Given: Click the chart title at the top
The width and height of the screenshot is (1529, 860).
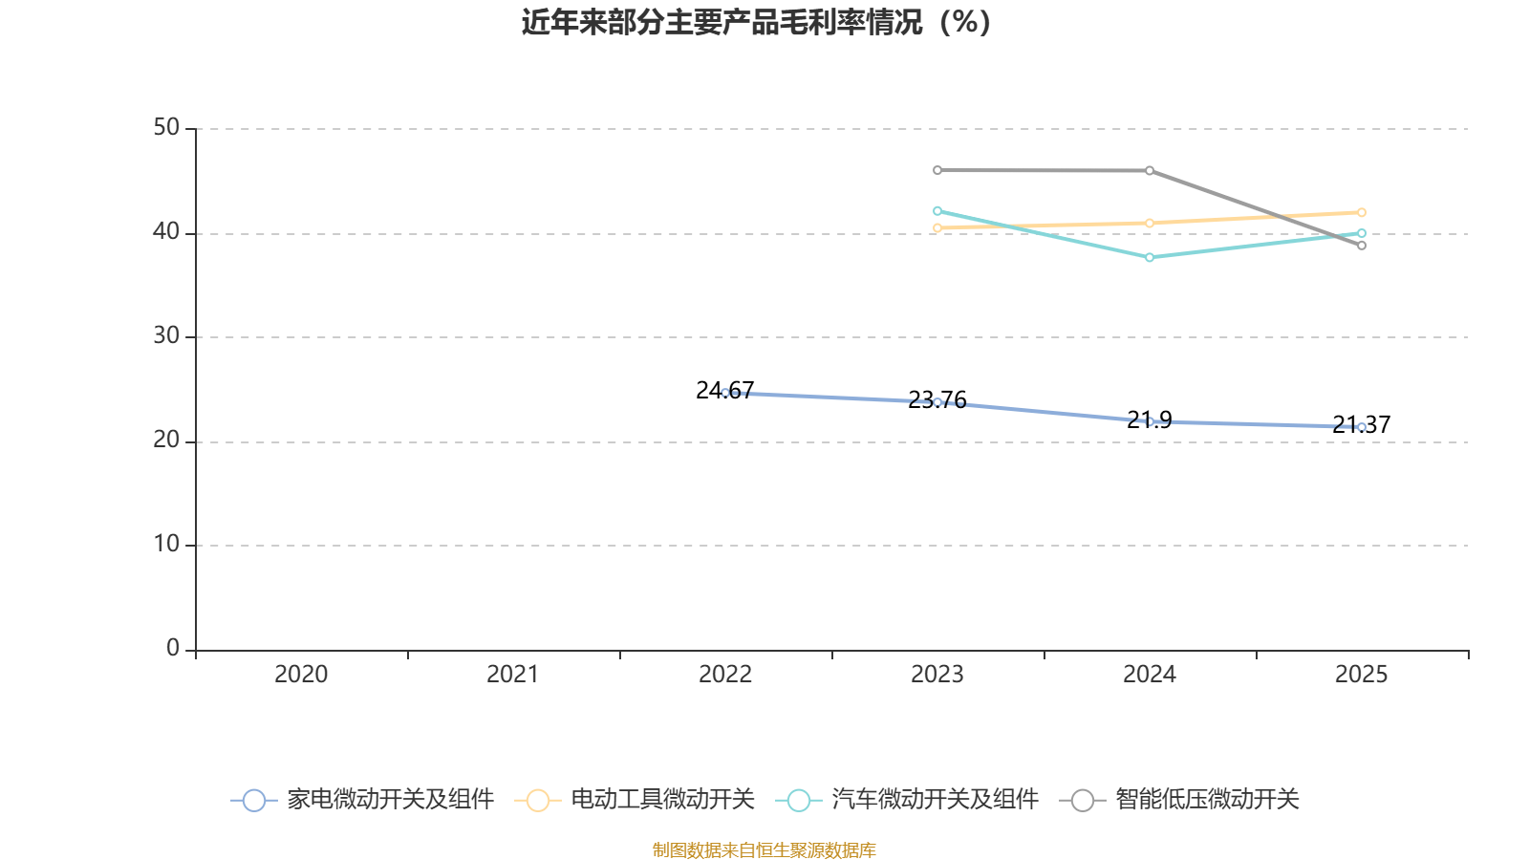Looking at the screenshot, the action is [756, 23].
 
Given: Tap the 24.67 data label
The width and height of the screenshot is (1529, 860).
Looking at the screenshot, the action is [725, 391].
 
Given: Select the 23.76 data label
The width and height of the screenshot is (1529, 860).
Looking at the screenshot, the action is [937, 400].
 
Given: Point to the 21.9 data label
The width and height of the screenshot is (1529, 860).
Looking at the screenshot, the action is [1150, 419].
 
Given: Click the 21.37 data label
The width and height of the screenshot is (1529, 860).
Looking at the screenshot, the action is [1361, 424].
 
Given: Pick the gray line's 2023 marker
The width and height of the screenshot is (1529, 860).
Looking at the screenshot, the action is [937, 170].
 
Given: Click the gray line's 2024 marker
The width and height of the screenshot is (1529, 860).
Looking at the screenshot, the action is [1150, 171].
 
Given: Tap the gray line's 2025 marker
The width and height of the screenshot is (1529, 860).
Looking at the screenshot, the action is [1362, 246].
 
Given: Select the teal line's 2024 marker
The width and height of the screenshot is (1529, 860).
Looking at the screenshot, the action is [1150, 257].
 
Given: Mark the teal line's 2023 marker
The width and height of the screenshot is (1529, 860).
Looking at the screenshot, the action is [937, 211].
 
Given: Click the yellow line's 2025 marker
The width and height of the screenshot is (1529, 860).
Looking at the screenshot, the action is [1362, 212].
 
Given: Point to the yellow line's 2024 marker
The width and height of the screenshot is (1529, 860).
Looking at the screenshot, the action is [1150, 224].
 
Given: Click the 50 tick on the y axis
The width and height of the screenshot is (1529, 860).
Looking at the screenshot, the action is [166, 128].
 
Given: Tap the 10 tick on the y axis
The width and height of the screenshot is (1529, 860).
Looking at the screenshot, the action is [166, 545].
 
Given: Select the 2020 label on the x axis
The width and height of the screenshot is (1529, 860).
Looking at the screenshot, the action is [301, 675].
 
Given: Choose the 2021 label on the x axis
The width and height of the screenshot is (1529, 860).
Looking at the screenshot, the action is [512, 675].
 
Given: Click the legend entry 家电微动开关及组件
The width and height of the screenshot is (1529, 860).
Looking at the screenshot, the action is [362, 799].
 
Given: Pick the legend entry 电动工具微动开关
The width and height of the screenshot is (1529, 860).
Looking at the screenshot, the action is [635, 799].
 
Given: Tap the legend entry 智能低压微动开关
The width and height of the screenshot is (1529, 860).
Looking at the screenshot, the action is [1179, 799].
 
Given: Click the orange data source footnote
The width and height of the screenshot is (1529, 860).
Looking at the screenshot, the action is [764, 849].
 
